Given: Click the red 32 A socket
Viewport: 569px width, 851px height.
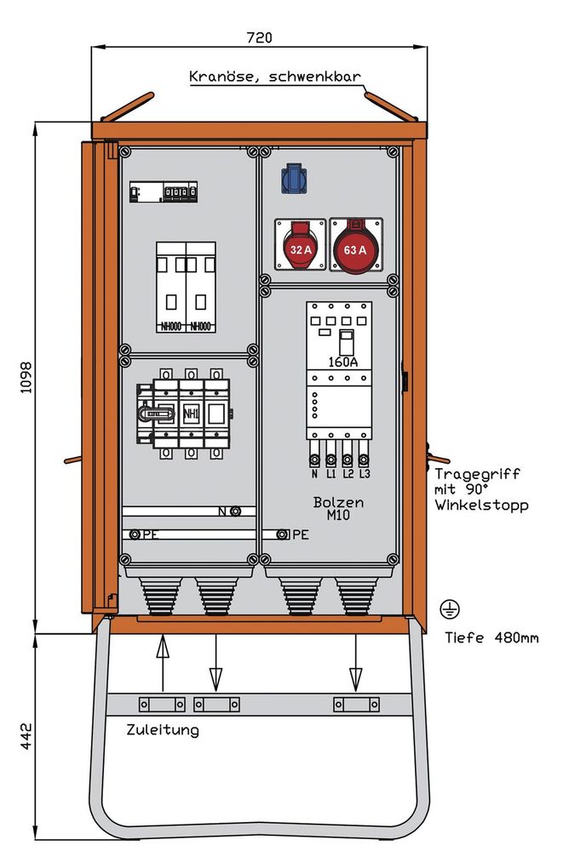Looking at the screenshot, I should tap(299, 248).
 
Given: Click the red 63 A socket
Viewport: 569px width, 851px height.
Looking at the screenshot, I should tap(356, 248).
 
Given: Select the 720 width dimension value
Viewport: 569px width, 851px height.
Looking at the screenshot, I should tap(258, 37).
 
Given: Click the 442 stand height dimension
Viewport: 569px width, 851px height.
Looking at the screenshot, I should tap(25, 737).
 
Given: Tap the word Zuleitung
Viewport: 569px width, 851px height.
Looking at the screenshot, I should tap(162, 729).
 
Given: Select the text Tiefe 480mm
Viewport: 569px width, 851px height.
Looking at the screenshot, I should tap(491, 637).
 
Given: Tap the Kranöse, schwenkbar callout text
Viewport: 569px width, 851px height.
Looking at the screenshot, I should tap(274, 77).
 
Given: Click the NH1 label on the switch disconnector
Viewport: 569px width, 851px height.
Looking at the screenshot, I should tap(191, 414).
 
